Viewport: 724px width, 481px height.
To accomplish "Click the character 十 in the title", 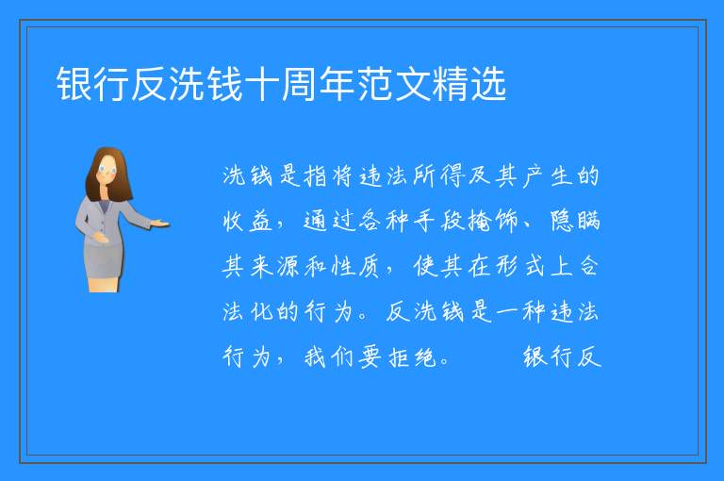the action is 262,84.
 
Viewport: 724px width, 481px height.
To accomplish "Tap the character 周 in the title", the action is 300,84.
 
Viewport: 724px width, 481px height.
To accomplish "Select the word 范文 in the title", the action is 375,84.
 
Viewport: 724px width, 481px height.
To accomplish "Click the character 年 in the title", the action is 337,84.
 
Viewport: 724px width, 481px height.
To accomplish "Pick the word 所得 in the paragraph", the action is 437,175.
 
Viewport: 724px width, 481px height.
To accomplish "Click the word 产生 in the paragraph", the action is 547,175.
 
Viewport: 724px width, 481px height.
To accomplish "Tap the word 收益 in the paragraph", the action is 248,221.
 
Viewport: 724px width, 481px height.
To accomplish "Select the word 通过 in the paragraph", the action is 329,221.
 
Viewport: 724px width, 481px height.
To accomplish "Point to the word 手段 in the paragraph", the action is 437,221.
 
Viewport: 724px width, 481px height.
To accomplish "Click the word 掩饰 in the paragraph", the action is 492,221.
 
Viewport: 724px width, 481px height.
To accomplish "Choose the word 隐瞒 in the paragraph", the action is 574,221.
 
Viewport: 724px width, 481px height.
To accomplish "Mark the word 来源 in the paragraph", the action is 274,266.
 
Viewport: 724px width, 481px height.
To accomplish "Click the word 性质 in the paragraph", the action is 356,266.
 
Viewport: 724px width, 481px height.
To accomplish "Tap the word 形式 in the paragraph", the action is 519,266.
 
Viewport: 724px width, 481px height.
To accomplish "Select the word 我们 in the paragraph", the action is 329,357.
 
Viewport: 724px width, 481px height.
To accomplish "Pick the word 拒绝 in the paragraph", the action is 410,357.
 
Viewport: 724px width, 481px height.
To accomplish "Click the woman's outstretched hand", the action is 160,224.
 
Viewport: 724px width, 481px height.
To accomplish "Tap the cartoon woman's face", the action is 107,169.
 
